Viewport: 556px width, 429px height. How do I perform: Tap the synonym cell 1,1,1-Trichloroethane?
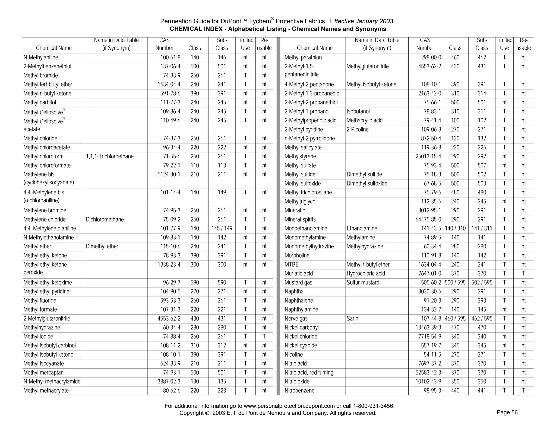[110, 156]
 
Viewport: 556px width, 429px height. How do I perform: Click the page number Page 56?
[507, 412]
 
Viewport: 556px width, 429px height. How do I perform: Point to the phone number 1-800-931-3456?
[373, 406]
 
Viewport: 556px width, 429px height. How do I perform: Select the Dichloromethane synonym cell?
[105, 219]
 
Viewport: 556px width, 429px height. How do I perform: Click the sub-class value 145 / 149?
[222, 228]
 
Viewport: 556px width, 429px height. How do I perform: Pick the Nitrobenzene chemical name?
[299, 390]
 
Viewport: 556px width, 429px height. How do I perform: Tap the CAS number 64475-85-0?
[428, 219]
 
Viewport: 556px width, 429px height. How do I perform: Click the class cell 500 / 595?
[455, 283]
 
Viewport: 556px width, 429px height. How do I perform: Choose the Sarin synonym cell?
[352, 318]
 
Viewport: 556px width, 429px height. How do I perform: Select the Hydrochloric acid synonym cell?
[365, 273]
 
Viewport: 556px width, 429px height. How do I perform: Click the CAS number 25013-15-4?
[428, 156]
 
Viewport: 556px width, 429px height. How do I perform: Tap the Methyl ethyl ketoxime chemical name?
[48, 283]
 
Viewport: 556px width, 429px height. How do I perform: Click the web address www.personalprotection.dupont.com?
[289, 406]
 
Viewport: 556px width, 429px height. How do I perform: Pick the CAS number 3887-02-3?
[169, 382]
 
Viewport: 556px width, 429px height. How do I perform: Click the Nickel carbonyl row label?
[301, 328]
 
